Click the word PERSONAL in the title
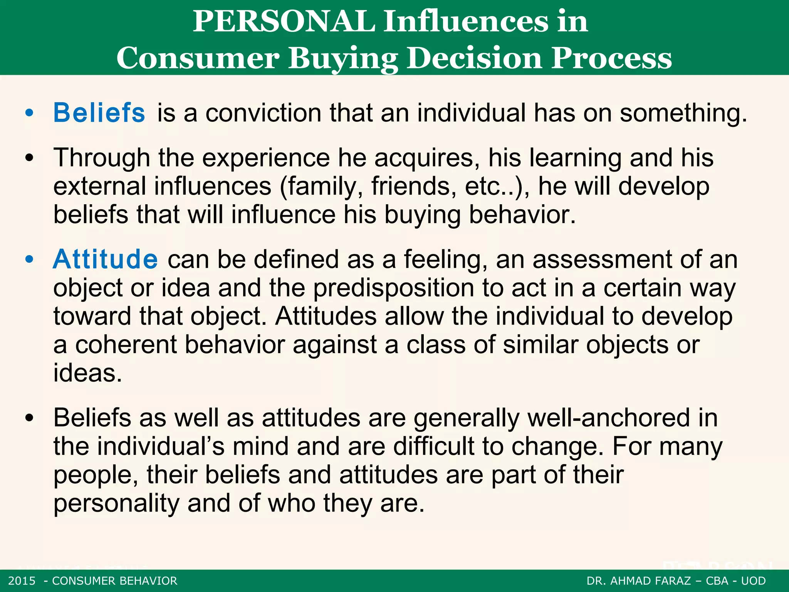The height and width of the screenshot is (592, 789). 284,22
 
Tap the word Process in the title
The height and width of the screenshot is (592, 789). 611,58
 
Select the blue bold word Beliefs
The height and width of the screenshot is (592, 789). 99,113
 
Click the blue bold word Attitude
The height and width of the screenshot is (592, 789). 105,259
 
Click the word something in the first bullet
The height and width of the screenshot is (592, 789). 683,114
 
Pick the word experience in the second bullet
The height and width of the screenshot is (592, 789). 266,158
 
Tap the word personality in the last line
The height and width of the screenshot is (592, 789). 116,503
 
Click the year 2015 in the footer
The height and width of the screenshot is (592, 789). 22,581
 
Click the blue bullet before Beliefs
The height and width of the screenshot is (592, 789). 29,113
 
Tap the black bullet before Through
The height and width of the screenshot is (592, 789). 29,158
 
